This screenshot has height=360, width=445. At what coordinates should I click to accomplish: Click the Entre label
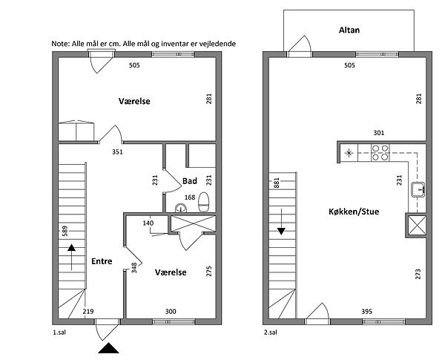tap(102, 261)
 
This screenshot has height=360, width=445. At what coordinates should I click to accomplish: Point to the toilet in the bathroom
tap(206, 200)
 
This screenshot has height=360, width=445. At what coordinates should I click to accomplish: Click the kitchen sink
tap(418, 189)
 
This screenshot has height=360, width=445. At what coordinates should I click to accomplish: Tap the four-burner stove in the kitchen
tap(380, 153)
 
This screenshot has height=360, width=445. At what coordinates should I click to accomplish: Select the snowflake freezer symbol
tap(349, 154)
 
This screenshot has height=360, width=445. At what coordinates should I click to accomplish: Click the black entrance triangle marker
tap(108, 348)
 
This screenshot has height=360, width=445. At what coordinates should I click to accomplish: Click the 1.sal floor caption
tap(60, 333)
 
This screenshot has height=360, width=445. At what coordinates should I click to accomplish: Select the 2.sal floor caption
tap(271, 333)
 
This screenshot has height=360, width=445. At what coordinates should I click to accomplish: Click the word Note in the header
tap(59, 44)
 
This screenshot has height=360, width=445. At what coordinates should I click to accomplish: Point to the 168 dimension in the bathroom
tap(189, 197)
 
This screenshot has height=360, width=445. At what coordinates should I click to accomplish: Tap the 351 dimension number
tap(116, 151)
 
